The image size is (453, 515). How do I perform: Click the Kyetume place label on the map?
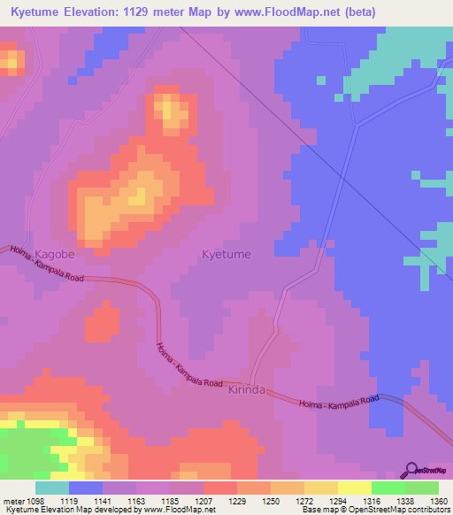pos(226,254)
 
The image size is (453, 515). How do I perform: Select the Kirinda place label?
pos(247,389)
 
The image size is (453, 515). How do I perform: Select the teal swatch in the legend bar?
pos(52,488)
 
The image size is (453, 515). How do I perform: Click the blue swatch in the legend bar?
pos(86,488)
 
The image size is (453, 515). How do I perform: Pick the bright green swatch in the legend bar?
pos(388,488)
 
